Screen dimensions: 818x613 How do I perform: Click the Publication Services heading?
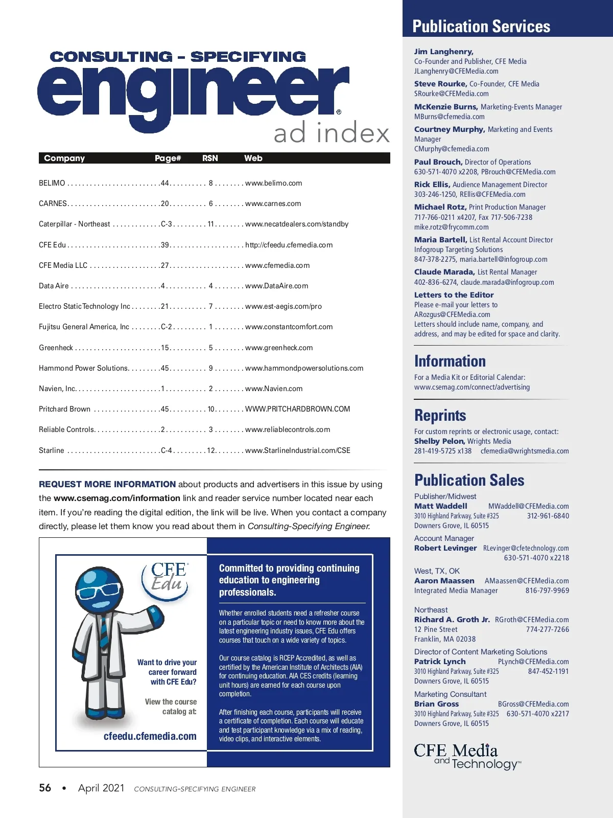(481, 27)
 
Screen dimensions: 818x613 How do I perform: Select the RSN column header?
(210, 158)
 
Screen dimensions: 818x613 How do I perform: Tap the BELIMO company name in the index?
(52, 183)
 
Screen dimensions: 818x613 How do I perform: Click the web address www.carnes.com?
(273, 203)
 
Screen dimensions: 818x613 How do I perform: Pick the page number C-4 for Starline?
(167, 450)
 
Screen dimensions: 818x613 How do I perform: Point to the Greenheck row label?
(56, 348)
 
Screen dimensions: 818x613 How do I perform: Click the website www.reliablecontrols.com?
(288, 429)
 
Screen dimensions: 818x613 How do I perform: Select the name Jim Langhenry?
(443, 52)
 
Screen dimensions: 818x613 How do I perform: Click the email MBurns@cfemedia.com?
(449, 117)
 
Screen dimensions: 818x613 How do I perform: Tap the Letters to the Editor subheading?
(454, 295)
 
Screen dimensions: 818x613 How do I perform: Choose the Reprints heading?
(440, 415)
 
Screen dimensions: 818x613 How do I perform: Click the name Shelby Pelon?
(439, 441)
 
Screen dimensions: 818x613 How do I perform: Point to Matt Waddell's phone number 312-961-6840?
(548, 516)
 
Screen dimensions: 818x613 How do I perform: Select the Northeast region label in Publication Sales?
(431, 610)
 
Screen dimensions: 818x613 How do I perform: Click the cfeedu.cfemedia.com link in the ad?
(150, 736)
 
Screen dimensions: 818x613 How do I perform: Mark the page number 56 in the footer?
(45, 788)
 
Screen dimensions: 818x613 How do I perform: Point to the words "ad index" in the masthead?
(331, 133)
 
